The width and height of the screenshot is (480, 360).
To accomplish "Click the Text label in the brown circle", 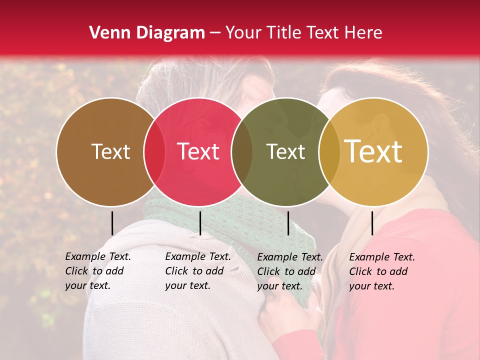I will (x=110, y=151).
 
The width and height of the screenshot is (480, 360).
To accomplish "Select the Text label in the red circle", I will (x=198, y=151).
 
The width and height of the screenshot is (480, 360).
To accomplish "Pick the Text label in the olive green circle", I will (x=285, y=151).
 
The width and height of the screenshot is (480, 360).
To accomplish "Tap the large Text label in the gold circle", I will (x=373, y=151).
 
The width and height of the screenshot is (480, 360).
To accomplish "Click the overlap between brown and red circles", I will (x=154, y=152).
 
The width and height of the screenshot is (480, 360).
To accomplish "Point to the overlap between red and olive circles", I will (x=242, y=152).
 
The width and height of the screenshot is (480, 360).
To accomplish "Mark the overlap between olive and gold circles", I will (x=329, y=152).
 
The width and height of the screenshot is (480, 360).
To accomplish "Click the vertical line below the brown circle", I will (x=112, y=223).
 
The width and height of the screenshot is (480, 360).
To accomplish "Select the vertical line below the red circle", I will (x=200, y=223).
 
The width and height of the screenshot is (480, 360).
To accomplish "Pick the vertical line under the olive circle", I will (x=288, y=223).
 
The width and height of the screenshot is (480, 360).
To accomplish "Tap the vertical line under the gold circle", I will (x=372, y=223).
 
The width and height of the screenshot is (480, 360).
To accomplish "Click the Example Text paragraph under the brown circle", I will (x=97, y=271).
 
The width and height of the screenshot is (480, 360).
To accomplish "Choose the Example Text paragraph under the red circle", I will (x=197, y=271).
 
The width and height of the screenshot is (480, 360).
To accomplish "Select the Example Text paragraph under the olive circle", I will (x=289, y=271).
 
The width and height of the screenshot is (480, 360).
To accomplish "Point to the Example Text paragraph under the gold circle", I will (x=381, y=271).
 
